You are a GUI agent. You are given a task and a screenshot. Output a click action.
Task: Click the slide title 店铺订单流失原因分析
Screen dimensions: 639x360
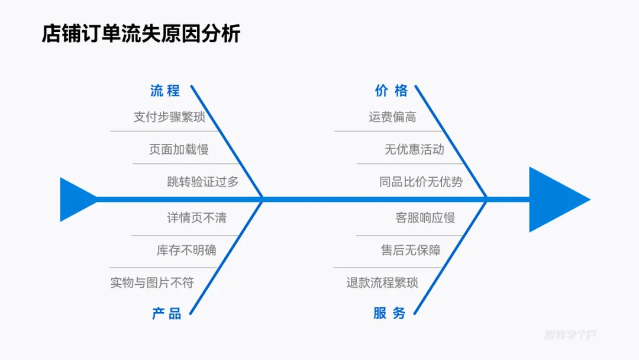point(141,33)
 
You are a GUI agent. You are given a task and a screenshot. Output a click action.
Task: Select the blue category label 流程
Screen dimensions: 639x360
point(165,91)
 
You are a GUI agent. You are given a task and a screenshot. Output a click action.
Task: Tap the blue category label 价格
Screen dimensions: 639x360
point(391,91)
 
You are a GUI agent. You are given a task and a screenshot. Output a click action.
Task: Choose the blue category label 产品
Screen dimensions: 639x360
point(166,313)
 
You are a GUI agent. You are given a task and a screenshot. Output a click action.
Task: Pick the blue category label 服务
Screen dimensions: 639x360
point(389,313)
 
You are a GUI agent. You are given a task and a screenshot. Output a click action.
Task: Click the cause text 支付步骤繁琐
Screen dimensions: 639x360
point(169,117)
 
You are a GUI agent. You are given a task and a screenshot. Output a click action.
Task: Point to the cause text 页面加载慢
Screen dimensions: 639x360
point(179,149)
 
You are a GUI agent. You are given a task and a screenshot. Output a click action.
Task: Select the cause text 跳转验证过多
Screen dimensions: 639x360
point(203,182)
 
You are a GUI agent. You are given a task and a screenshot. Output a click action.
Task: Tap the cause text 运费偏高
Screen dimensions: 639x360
point(392,117)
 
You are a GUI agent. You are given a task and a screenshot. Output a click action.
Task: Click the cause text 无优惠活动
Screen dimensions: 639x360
point(414,149)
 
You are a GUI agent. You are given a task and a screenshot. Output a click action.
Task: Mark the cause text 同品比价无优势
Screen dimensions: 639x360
point(421,182)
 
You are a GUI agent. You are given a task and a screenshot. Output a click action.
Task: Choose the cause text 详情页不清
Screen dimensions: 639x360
point(196,218)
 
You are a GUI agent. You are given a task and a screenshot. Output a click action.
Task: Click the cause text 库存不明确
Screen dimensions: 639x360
point(186,250)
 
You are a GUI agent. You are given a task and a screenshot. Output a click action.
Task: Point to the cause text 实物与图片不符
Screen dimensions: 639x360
point(152,282)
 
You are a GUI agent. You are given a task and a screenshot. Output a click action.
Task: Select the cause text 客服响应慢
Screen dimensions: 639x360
point(425,218)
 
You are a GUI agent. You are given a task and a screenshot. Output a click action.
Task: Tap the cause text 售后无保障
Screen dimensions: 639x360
point(411,250)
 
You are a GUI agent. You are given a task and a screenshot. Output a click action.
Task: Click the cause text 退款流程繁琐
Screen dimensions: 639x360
point(382,282)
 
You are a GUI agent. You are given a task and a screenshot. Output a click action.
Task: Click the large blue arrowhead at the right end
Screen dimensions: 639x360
point(553,200)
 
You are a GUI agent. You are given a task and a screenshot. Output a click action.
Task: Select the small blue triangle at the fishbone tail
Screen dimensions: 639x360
point(75,200)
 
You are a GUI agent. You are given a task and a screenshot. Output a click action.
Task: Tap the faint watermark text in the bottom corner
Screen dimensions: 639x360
point(570,335)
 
